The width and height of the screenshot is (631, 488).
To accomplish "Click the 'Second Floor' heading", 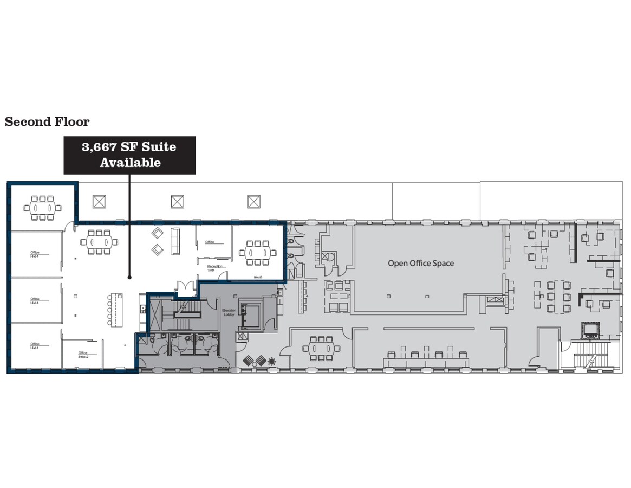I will [x=47, y=122].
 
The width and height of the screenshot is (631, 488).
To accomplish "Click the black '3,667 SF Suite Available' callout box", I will [x=129, y=155].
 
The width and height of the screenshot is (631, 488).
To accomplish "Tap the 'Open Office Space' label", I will [x=420, y=264].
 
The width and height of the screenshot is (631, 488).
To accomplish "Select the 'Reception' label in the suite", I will [x=215, y=267].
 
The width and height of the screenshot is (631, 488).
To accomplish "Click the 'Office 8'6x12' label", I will [x=83, y=355].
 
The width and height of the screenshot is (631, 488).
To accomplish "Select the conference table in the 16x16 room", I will [x=258, y=252].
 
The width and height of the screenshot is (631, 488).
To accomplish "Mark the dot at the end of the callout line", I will [x=129, y=278].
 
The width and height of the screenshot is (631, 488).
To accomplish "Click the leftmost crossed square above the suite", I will [x=98, y=202].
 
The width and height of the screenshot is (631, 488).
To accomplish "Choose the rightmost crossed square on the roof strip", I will [x=253, y=202].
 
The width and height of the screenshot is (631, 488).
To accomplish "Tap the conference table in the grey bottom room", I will [x=321, y=348].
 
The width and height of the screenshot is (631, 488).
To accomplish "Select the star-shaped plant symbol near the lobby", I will [x=271, y=360].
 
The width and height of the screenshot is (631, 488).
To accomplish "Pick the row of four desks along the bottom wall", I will [x=426, y=358].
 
